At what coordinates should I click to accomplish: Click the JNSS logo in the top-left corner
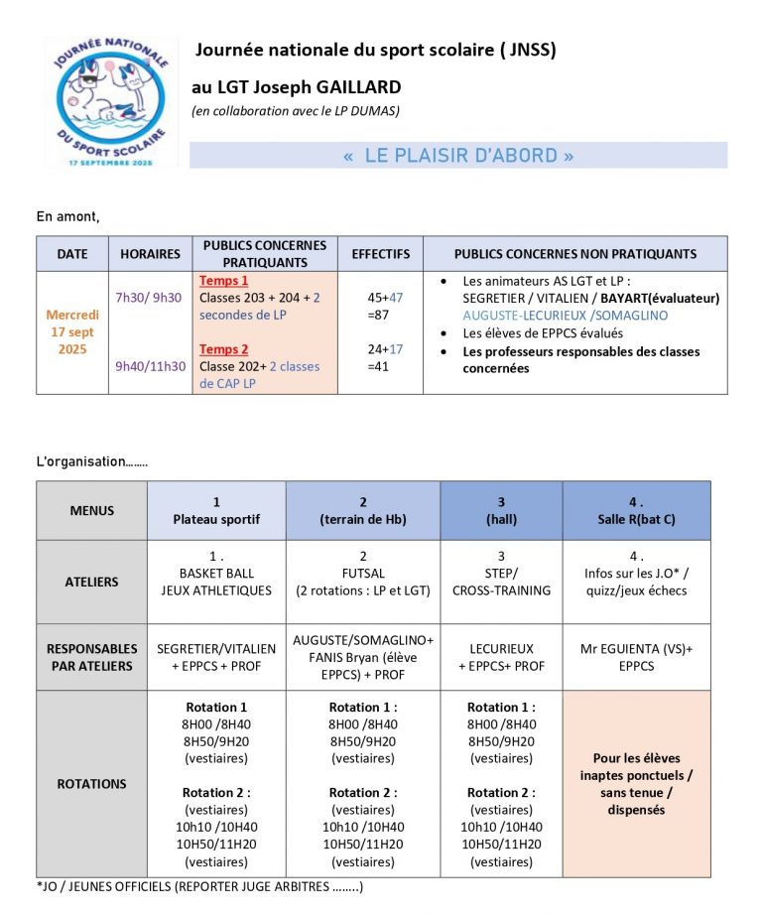coord(111,100)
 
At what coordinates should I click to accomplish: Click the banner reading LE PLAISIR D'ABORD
coord(458,156)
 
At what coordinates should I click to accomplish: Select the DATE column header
coord(71,254)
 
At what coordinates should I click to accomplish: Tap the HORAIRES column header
coord(150,254)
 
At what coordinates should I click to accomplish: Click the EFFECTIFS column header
coord(380,254)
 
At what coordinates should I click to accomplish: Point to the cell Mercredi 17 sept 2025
coord(72,332)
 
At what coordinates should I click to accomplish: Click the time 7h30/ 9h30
coord(149,297)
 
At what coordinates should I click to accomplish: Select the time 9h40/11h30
coord(150,366)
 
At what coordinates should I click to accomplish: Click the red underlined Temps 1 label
coord(224,281)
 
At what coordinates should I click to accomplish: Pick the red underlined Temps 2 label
coord(224,349)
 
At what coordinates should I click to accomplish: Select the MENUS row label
coord(91,511)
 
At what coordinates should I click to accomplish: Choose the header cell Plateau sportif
coord(216,519)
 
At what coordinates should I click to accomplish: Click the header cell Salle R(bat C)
coord(636,519)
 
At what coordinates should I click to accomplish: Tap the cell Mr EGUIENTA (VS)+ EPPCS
coord(636,657)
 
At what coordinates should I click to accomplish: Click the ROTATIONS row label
coord(91,784)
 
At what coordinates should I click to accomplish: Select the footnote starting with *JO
coord(199,886)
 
